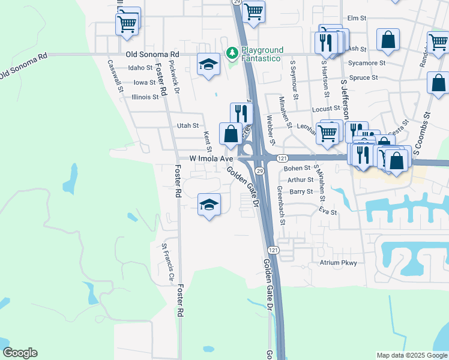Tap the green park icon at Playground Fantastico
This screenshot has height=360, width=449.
[232, 53]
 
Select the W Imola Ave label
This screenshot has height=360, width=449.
[211, 159]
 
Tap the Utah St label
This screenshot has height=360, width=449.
[188, 125]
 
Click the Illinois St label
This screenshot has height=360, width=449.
[145, 96]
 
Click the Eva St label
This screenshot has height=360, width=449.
[328, 212]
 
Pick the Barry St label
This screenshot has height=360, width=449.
[301, 192]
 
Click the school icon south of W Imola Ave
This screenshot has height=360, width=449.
[208, 205]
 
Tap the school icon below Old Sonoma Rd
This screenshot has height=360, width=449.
[208, 64]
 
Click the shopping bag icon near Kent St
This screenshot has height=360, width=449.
[231, 134]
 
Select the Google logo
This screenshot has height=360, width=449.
[20, 353]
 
